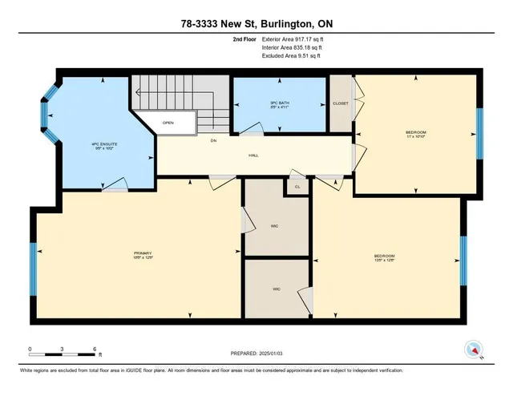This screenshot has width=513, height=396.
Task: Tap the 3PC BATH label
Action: (x=278, y=105)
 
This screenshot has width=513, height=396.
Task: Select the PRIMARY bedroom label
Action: (x=143, y=255)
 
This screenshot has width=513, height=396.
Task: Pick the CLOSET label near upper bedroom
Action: (x=340, y=103)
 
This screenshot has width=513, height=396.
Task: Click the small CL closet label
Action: (x=297, y=186)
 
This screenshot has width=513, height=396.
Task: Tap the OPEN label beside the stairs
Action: (x=168, y=123)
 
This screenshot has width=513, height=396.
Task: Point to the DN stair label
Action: (x=214, y=141)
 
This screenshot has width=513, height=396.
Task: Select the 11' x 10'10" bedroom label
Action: (x=416, y=132)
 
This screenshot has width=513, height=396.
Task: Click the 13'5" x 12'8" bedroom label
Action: (x=384, y=257)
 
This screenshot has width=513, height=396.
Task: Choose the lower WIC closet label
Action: (x=276, y=289)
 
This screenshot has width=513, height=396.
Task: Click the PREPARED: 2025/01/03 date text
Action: (x=256, y=353)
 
